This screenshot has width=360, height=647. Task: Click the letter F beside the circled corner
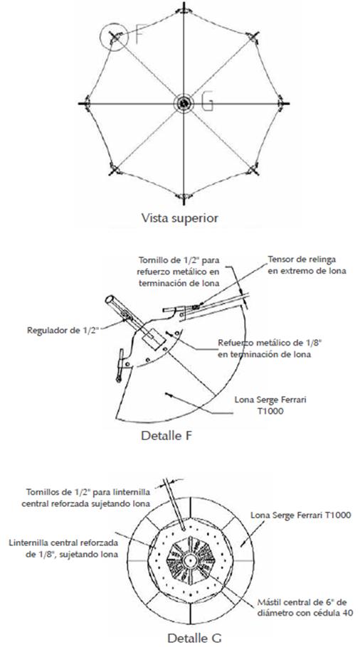139,33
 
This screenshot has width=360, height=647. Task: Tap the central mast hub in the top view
184,103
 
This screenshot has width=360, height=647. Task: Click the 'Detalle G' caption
183,637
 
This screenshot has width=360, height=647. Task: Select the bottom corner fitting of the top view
184,196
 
